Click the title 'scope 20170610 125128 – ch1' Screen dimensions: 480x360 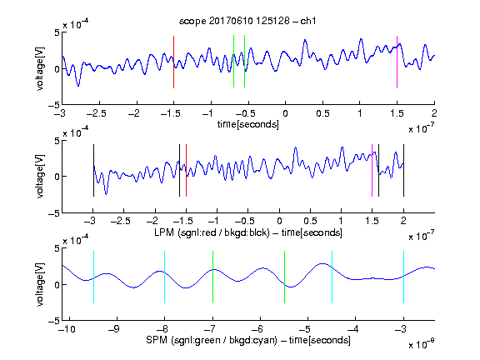click(247, 21)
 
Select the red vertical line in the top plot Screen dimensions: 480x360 click(173, 62)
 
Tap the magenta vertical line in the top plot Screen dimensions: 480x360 click(397, 62)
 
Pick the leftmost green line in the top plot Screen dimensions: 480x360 click(233, 62)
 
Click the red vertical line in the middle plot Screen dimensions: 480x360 click(186, 170)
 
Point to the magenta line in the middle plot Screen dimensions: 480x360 click(372, 170)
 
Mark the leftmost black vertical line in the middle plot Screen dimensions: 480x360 click(93, 170)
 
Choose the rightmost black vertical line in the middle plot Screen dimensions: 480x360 click(403, 170)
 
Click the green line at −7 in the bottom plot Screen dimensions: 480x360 click(212, 277)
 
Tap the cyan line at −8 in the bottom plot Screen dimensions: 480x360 click(165, 277)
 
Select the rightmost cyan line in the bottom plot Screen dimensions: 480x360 click(403, 277)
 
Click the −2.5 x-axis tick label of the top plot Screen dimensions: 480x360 click(96, 113)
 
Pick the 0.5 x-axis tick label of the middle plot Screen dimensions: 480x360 click(310, 221)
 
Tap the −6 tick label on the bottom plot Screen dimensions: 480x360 click(257, 329)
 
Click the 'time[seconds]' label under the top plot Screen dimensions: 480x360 click(248, 124)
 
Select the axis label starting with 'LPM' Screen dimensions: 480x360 click(248, 232)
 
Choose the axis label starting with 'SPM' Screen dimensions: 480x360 click(248, 340)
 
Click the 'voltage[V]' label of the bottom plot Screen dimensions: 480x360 click(40, 285)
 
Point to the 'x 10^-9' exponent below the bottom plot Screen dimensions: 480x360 click(421, 344)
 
